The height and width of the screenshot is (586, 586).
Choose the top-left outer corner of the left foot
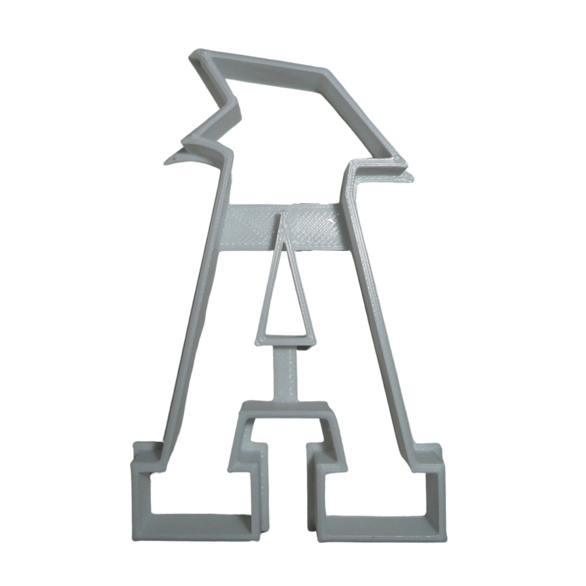point(135,444)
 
